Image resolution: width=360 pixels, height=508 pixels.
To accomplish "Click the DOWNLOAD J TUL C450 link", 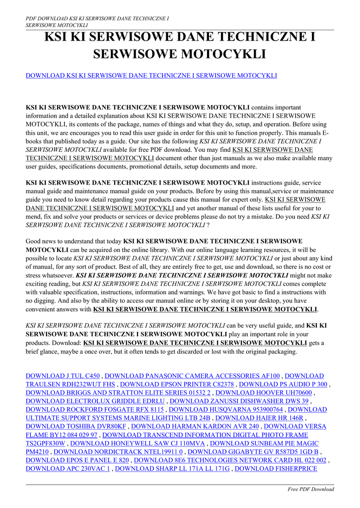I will coord(63,376).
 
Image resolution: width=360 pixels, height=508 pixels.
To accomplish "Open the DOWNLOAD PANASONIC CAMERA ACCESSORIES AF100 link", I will coord(193,376).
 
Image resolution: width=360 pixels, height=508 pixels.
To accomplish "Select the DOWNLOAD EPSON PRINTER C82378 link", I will coord(177,384).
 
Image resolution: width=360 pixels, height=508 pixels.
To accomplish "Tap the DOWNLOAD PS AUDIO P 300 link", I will coord(284,384).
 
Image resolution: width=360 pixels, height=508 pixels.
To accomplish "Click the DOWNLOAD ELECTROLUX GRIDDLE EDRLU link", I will coord(94,401).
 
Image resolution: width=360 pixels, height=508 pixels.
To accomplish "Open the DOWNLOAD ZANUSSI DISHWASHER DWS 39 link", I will coord(239,401).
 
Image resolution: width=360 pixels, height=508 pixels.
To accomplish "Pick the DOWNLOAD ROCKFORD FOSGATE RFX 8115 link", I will coord(94,410).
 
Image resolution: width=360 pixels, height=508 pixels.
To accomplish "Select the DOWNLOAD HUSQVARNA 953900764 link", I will coord(226,410).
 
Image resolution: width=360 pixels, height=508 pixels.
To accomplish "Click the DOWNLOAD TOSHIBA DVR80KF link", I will coord(75,427).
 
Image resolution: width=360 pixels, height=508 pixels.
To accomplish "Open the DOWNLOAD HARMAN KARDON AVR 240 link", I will coord(195,427).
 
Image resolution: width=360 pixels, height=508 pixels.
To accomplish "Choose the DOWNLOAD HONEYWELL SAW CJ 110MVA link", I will coord(139,444).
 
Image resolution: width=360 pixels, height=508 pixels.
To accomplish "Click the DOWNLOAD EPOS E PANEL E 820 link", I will coord(77,460).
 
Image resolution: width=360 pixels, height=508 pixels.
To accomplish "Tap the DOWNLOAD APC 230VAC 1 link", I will coord(68,469).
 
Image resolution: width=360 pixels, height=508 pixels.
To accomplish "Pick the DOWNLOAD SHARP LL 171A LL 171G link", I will coord(172,469).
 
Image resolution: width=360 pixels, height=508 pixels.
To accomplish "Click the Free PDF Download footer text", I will coord(311,489).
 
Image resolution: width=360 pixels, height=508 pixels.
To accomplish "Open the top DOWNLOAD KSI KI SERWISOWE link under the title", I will coord(151,75).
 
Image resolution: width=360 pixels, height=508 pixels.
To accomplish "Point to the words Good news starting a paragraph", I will coord(41,241).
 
